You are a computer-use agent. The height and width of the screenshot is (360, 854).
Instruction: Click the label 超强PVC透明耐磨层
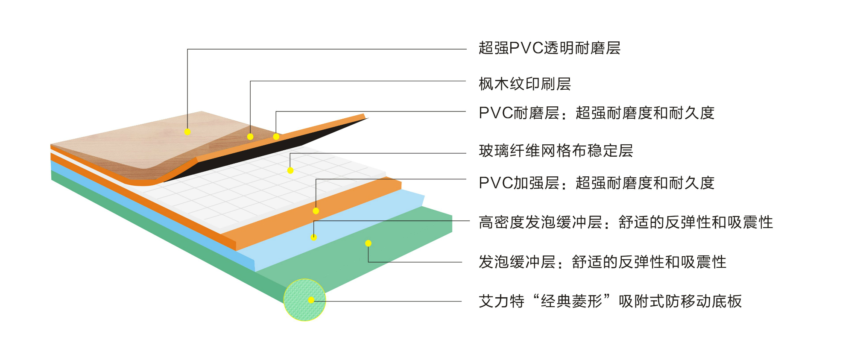pyautogui.click(x=549, y=48)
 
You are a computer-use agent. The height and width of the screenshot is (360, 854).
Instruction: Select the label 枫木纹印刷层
pyautogui.click(x=525, y=84)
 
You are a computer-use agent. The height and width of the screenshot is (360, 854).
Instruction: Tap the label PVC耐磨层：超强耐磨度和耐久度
pyautogui.click(x=597, y=113)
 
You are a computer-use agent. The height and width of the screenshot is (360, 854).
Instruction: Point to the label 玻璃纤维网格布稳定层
pyautogui.click(x=556, y=150)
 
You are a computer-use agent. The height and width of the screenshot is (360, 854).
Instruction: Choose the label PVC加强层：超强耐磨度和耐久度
pyautogui.click(x=597, y=183)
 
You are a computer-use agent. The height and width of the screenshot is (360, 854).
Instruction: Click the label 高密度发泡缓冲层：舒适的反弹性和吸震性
pyautogui.click(x=626, y=222)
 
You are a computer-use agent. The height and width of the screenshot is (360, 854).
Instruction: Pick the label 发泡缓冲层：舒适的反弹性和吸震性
pyautogui.click(x=602, y=262)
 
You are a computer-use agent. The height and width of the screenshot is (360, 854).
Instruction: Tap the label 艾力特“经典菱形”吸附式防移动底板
pyautogui.click(x=610, y=301)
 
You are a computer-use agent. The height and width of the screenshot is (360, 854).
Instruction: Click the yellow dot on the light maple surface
pyautogui.click(x=187, y=132)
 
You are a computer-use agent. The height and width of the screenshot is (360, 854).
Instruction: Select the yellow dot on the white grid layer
pyautogui.click(x=290, y=171)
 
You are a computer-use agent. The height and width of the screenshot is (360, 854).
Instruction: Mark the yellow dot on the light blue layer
pyautogui.click(x=314, y=237)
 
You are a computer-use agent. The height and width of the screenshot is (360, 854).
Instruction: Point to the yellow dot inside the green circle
pyautogui.click(x=311, y=300)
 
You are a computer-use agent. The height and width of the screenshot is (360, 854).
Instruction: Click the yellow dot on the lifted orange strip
pyautogui.click(x=276, y=137)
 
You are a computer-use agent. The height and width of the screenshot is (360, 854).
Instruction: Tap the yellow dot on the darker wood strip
pyautogui.click(x=250, y=137)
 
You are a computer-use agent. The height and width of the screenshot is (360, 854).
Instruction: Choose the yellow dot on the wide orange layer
pyautogui.click(x=316, y=211)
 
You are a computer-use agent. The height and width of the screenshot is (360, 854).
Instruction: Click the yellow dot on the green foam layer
pyautogui.click(x=368, y=243)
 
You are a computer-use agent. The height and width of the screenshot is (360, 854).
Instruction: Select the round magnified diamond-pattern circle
pyautogui.click(x=304, y=300)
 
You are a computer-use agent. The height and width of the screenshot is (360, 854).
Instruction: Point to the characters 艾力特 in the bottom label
pyautogui.click(x=501, y=301)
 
